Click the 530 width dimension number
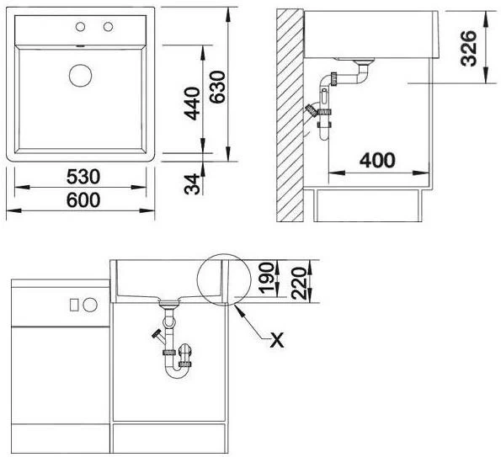point(83,177)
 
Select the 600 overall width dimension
point(83,200)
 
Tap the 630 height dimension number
point(217,87)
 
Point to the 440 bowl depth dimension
point(192,104)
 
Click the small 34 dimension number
point(192,184)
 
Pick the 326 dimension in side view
point(469,48)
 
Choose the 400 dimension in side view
point(377,160)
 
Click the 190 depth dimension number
point(266,278)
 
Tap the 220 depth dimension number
point(299,284)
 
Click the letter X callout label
point(277,340)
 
